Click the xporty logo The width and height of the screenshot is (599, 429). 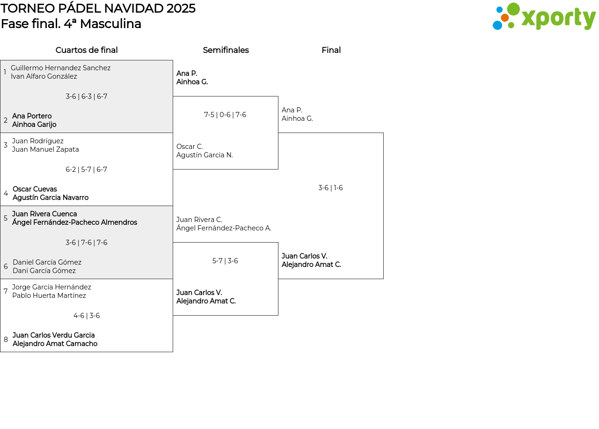click(x=544, y=16)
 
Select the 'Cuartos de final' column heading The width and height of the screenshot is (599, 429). click(x=87, y=50)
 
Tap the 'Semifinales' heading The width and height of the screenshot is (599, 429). click(x=226, y=50)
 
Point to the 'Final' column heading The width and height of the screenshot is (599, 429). click(x=331, y=50)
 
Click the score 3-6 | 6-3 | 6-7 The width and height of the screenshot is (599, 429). click(x=87, y=96)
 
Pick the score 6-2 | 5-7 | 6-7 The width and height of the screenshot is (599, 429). click(x=87, y=170)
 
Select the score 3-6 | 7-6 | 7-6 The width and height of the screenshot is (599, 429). click(x=87, y=243)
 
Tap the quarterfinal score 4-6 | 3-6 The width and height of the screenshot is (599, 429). click(x=87, y=316)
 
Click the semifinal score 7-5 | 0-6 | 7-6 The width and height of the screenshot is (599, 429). click(x=225, y=115)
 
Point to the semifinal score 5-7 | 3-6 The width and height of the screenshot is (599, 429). click(x=225, y=261)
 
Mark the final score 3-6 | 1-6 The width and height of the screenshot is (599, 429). click(x=330, y=188)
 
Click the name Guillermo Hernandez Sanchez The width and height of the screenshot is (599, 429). click(x=61, y=68)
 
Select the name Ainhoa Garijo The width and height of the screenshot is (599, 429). click(x=34, y=125)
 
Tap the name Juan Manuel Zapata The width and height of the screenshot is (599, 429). click(x=45, y=149)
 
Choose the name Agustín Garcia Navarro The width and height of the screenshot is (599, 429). click(x=51, y=198)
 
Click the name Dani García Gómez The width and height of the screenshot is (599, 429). click(x=44, y=271)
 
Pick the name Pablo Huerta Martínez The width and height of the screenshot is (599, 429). click(x=49, y=296)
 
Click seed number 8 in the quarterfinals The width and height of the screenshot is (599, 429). click(x=6, y=340)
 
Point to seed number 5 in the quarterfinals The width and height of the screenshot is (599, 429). click(x=6, y=218)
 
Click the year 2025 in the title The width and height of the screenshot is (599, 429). click(x=181, y=8)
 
